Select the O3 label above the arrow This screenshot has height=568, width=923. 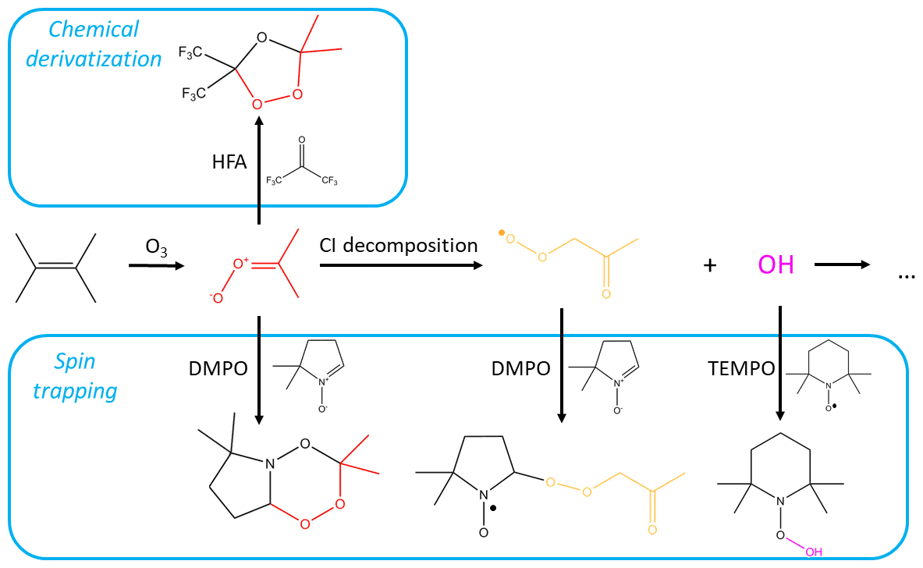tap(154, 247)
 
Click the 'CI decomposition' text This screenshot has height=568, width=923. tap(399, 245)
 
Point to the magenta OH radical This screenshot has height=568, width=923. tap(776, 265)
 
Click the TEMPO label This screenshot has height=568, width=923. tap(742, 367)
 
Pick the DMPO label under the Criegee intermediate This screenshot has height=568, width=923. tap(218, 367)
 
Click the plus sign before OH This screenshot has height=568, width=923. tap(709, 266)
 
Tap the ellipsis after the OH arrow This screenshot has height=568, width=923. tap(905, 275)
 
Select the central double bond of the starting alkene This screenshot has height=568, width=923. tap(55, 268)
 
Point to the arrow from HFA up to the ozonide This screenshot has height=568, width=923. tap(258, 172)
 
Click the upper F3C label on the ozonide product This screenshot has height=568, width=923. tap(191, 52)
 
